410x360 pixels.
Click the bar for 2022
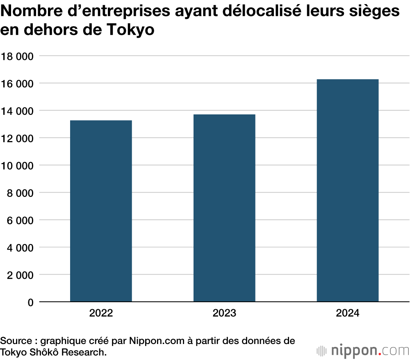pos(101,211)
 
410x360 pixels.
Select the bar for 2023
pos(224,208)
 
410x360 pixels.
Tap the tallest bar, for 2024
pos(348,190)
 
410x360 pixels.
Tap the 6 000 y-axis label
pos(20,220)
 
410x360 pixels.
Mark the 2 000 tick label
pos(20,275)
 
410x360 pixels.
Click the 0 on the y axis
pos(30,303)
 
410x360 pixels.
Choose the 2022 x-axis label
pos(101,314)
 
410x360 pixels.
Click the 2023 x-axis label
pos(224,314)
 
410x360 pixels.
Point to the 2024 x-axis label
pos(348,314)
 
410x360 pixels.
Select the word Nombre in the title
pos(27,11)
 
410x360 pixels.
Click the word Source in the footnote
pos(15,341)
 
